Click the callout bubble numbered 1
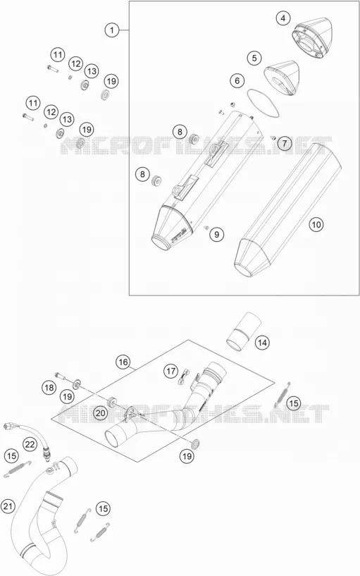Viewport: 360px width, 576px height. (x=112, y=30)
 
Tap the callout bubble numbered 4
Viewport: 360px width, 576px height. (x=283, y=18)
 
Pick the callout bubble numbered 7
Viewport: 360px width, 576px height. (x=285, y=143)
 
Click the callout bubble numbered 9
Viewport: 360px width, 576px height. (x=216, y=234)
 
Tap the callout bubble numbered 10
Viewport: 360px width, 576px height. (x=316, y=224)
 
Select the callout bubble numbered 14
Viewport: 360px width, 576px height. (x=261, y=343)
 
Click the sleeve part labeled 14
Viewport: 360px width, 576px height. (x=243, y=333)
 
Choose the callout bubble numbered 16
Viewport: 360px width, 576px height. (x=123, y=362)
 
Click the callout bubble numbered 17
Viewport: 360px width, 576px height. (x=170, y=372)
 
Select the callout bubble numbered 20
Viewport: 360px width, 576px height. (x=100, y=413)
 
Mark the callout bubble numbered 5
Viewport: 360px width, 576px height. (x=254, y=58)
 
